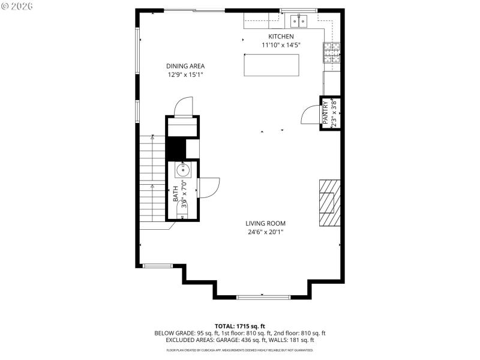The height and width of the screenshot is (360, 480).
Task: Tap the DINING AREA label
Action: point(185,66)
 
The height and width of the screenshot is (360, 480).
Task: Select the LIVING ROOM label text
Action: point(265,224)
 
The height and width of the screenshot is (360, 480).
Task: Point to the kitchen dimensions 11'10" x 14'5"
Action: point(280,45)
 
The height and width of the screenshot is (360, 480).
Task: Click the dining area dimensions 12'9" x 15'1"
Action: point(185,75)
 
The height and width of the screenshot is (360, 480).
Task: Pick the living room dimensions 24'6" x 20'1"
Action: point(265,232)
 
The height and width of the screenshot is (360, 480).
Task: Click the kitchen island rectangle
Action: point(271,65)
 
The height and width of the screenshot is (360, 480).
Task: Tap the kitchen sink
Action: point(298,22)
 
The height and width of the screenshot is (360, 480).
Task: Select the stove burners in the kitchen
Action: point(332,53)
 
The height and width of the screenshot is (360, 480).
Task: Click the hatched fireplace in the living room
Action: point(329,203)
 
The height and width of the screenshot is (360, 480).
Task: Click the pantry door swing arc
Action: point(310,113)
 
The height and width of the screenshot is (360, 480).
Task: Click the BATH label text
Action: point(176,193)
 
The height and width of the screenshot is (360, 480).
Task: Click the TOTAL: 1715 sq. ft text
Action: point(239,326)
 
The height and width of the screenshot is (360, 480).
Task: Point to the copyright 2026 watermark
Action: point(17,5)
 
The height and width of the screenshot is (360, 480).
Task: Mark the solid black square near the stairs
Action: point(175,149)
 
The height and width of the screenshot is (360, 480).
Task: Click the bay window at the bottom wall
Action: point(263,297)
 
